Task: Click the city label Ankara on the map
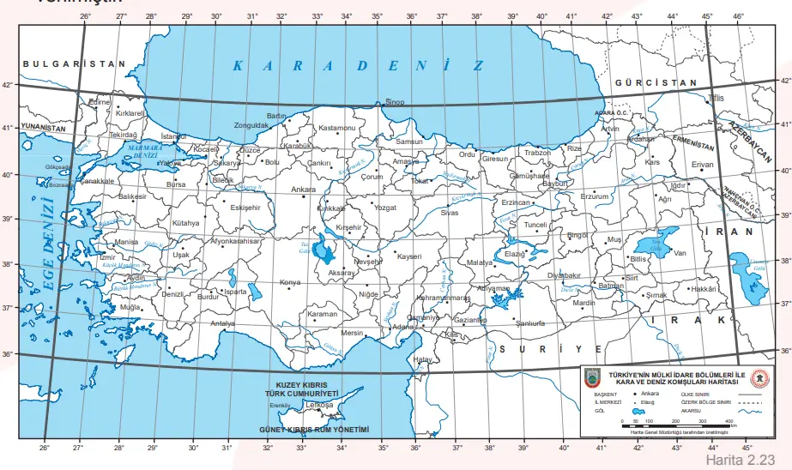coord(303,189)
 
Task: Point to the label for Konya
coord(292,282)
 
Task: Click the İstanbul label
coord(174,136)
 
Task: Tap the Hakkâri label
coord(703,289)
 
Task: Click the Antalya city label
coord(223,323)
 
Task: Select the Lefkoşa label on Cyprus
coord(319,404)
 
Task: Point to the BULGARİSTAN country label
coord(75,64)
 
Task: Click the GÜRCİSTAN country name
coord(656,82)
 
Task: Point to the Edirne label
coord(100,101)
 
